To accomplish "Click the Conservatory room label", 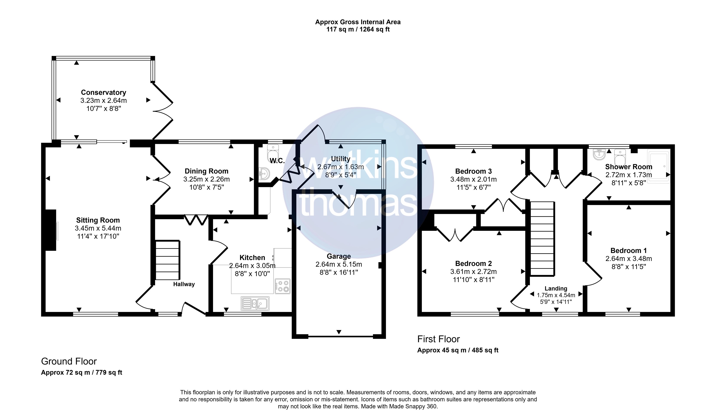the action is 103,93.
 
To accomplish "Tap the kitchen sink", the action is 255,303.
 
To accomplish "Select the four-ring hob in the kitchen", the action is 282,286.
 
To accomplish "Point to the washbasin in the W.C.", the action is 264,174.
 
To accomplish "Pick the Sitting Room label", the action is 98,220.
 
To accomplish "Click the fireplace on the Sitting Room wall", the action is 50,230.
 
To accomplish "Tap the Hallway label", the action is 184,284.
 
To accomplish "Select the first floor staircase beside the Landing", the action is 542,238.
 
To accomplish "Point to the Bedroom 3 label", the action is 473,171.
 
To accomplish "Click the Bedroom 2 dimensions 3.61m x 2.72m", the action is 473,272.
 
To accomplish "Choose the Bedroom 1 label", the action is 629,251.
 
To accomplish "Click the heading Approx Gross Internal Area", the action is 358,22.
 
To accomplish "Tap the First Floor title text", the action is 438,339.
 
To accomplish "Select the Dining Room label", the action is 207,171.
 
